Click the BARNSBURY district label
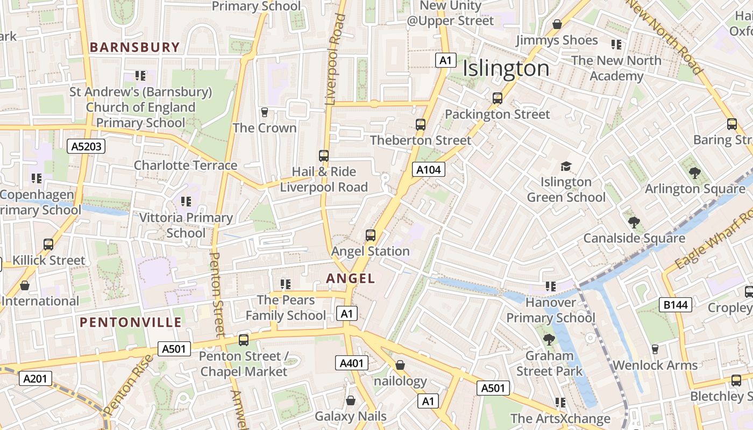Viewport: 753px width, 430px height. [x=134, y=47]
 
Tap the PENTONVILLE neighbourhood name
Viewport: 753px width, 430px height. [x=131, y=322]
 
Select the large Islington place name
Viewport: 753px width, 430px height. [x=506, y=69]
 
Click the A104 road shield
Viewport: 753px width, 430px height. [x=429, y=170]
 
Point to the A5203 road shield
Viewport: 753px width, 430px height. [x=86, y=146]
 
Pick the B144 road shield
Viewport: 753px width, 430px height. [x=675, y=305]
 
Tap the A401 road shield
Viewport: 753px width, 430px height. [x=352, y=363]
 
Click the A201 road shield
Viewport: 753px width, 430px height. [x=35, y=378]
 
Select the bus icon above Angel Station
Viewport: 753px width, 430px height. [x=371, y=235]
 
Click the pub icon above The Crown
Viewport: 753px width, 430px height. [x=264, y=112]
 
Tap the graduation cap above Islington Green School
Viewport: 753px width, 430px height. [x=565, y=166]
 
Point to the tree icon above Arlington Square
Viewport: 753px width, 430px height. [x=694, y=173]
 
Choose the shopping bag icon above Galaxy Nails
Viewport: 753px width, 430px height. [x=351, y=400]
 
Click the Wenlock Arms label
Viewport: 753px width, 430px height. [x=655, y=365]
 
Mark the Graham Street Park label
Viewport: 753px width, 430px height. [x=549, y=363]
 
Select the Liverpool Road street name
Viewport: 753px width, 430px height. [x=335, y=59]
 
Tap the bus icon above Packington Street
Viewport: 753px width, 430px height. [x=498, y=98]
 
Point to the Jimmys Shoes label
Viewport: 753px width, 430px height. [x=557, y=40]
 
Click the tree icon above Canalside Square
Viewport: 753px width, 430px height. [x=634, y=222]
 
